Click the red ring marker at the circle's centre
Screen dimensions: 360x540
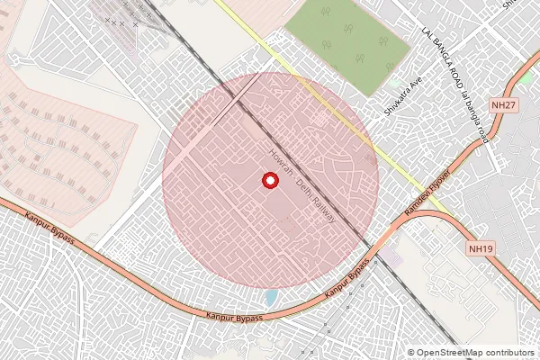click(x=269, y=181)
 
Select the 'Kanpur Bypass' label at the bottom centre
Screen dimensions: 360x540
click(x=234, y=317)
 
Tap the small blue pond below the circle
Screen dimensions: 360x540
click(x=271, y=296)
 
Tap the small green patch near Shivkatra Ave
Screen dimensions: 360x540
click(x=394, y=82)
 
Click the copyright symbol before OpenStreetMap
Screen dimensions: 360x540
click(x=411, y=353)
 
